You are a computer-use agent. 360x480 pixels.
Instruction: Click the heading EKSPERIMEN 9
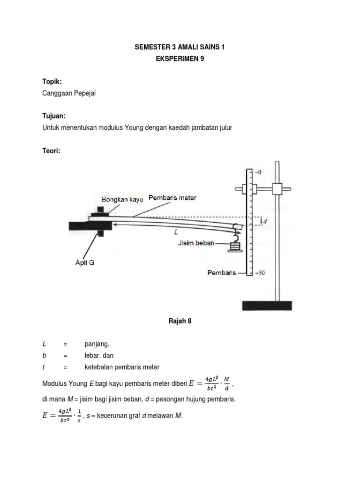(x=180, y=60)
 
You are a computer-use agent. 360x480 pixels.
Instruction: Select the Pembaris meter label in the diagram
(x=172, y=198)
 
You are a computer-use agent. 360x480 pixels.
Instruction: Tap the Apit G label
(x=85, y=263)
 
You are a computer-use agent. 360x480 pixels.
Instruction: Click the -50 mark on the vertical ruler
(x=259, y=273)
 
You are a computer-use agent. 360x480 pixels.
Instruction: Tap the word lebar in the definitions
(x=92, y=355)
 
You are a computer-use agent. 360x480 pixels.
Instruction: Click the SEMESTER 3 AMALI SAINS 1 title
(x=180, y=47)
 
